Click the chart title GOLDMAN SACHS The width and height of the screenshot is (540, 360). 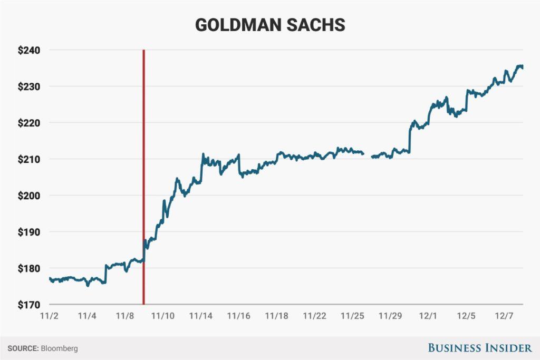(270, 25)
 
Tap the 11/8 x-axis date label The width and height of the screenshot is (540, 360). (126, 316)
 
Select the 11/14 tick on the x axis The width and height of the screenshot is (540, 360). (201, 316)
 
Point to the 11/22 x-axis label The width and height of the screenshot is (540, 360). (315, 316)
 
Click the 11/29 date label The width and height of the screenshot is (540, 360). (390, 316)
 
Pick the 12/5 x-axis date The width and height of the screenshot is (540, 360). (466, 316)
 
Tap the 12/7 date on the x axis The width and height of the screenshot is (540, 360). (504, 316)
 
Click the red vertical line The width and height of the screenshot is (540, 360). (143, 158)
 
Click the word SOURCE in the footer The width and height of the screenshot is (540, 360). (22, 348)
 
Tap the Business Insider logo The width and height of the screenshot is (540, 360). (479, 348)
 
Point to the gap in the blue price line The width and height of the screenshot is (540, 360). (368, 155)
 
